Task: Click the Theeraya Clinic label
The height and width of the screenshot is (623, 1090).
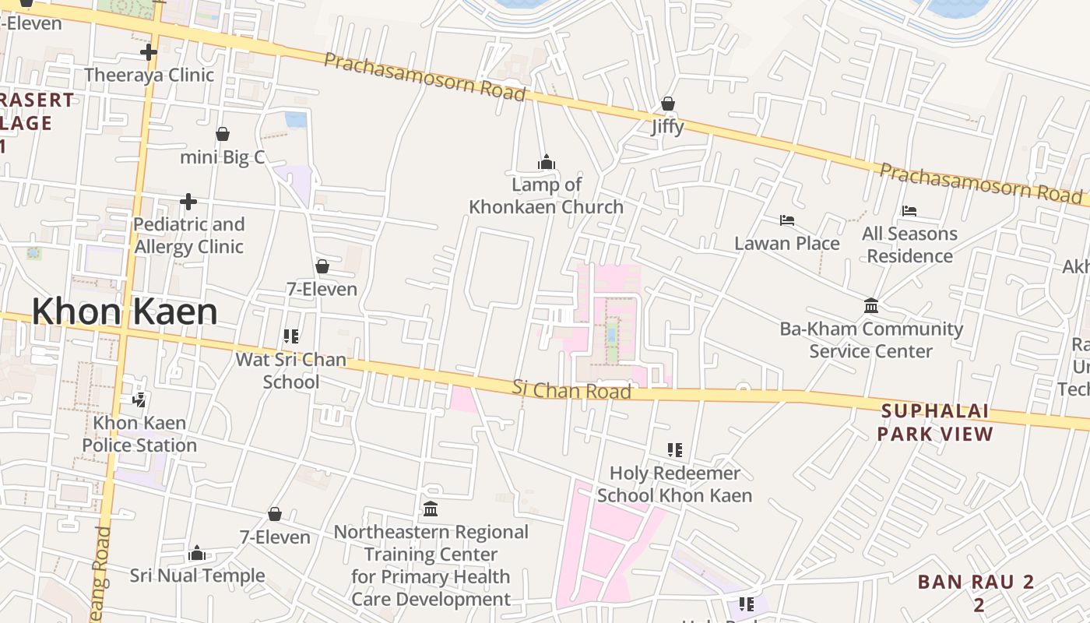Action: point(149,75)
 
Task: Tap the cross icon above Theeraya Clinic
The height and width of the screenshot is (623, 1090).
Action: point(149,52)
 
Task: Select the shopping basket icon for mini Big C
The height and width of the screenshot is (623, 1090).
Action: point(223,134)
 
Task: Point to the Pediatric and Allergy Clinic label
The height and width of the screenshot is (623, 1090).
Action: point(189,235)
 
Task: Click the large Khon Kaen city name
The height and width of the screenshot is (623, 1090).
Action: point(125,311)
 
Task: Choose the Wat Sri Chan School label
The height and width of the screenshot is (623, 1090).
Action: point(290,371)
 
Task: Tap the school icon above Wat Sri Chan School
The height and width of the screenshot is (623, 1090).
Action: point(290,336)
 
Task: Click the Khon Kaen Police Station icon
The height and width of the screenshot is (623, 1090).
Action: point(139,400)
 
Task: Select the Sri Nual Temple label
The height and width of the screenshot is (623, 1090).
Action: point(197,575)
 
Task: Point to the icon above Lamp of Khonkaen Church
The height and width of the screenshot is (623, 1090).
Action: point(546,162)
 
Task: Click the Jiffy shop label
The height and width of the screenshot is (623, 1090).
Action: point(668,126)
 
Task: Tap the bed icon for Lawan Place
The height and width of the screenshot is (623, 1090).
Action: point(787,220)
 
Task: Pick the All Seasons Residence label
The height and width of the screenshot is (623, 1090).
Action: point(909,245)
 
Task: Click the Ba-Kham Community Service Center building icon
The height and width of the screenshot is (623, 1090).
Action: point(871,306)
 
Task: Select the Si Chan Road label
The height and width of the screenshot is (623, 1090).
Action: point(571,389)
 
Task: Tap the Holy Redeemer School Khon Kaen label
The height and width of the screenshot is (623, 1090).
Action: point(674,484)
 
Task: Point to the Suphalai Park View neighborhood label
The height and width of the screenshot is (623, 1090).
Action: point(935,422)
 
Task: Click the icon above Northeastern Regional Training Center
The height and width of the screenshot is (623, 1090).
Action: point(431,509)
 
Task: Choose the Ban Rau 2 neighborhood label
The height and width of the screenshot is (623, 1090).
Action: point(976,593)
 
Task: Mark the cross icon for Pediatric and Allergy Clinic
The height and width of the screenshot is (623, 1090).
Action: point(188,202)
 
